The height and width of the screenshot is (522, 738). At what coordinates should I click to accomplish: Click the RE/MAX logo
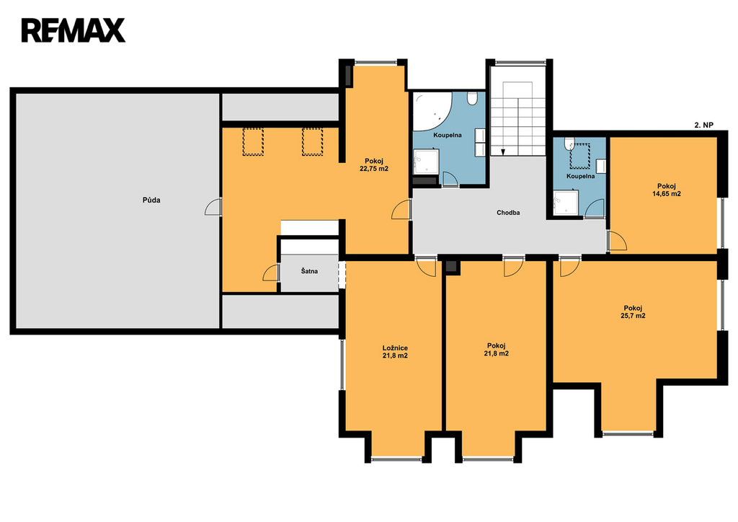click(x=73, y=30)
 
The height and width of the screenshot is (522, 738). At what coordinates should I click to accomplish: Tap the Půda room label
click(x=151, y=200)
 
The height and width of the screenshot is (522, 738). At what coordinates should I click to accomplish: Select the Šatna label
click(x=309, y=271)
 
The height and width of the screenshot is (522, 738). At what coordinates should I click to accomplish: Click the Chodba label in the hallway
click(x=508, y=213)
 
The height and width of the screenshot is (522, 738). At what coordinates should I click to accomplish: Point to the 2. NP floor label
click(x=704, y=125)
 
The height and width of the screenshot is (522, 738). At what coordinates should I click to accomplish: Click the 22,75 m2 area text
click(x=374, y=169)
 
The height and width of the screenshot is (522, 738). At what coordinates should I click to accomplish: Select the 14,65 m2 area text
click(x=667, y=193)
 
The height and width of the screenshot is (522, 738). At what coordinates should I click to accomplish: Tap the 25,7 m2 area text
click(x=633, y=316)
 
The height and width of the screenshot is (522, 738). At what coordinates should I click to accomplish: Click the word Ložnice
click(x=396, y=348)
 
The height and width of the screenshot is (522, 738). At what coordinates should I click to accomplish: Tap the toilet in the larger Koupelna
click(x=472, y=98)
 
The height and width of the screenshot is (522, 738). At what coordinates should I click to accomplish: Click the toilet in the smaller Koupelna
click(x=569, y=143)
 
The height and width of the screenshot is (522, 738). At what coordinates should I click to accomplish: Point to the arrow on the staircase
click(x=502, y=151)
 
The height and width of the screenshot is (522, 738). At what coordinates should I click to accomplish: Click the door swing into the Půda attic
click(x=213, y=207)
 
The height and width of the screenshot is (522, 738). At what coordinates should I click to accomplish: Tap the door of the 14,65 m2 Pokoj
click(x=618, y=241)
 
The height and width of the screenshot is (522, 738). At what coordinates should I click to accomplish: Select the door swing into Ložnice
click(x=427, y=267)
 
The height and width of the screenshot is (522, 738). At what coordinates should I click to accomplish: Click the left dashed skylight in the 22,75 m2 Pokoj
click(x=253, y=142)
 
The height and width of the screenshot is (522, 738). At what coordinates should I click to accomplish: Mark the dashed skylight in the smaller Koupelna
click(x=580, y=156)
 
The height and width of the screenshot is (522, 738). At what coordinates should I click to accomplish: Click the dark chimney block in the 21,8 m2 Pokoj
click(x=451, y=266)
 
